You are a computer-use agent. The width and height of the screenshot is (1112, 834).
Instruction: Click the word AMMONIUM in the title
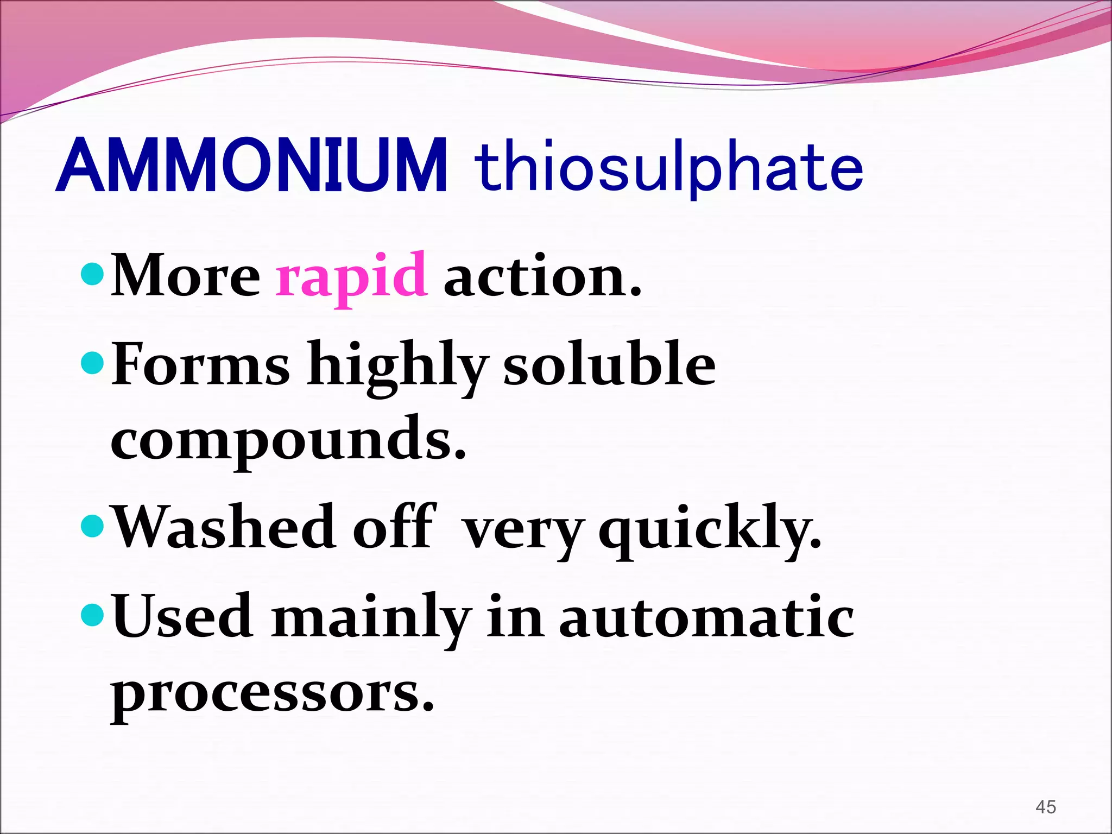251,166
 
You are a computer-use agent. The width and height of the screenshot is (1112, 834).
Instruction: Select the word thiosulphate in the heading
669,167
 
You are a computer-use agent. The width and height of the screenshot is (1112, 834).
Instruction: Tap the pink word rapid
351,277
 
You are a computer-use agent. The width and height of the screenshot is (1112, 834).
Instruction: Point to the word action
542,277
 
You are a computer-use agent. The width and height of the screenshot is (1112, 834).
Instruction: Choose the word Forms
201,365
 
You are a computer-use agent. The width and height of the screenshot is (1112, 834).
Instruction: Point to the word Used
182,617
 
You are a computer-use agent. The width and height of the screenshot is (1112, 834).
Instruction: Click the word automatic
706,617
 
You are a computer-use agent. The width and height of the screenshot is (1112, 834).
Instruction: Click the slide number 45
1046,807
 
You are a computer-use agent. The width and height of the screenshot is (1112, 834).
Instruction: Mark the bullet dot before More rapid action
92,274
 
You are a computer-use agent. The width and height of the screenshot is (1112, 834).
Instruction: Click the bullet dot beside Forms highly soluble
92,363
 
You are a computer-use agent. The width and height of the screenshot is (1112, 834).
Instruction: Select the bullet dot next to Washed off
92,526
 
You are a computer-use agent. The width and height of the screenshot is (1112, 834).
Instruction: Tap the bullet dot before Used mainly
92,614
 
